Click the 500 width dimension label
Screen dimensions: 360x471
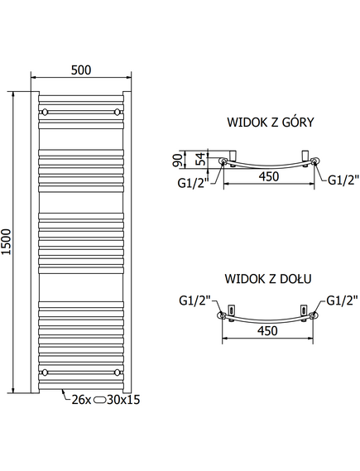coord(81,70)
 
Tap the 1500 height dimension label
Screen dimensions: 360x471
coord(7,242)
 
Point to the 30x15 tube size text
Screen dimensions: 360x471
coord(123,400)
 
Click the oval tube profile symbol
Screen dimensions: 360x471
coord(99,400)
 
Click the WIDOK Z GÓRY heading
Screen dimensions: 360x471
coord(271,123)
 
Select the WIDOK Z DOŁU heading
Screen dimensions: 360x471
coord(268,279)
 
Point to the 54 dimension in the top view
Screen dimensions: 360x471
coord(201,159)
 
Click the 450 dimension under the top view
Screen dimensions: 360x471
coord(269,176)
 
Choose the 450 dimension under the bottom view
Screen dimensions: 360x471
coord(267,331)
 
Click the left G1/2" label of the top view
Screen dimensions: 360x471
coord(193,183)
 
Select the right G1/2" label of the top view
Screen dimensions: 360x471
coord(343,180)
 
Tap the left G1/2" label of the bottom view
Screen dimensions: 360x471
coord(194,300)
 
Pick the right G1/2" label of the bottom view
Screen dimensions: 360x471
coord(342,300)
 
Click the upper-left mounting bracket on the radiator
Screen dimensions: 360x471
coord(45,112)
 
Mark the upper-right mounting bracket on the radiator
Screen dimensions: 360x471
coord(117,112)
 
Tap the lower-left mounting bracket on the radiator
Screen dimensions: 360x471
coord(45,372)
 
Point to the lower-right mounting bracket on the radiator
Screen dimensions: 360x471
coord(117,372)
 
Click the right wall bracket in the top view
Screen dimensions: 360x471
coord(305,156)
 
